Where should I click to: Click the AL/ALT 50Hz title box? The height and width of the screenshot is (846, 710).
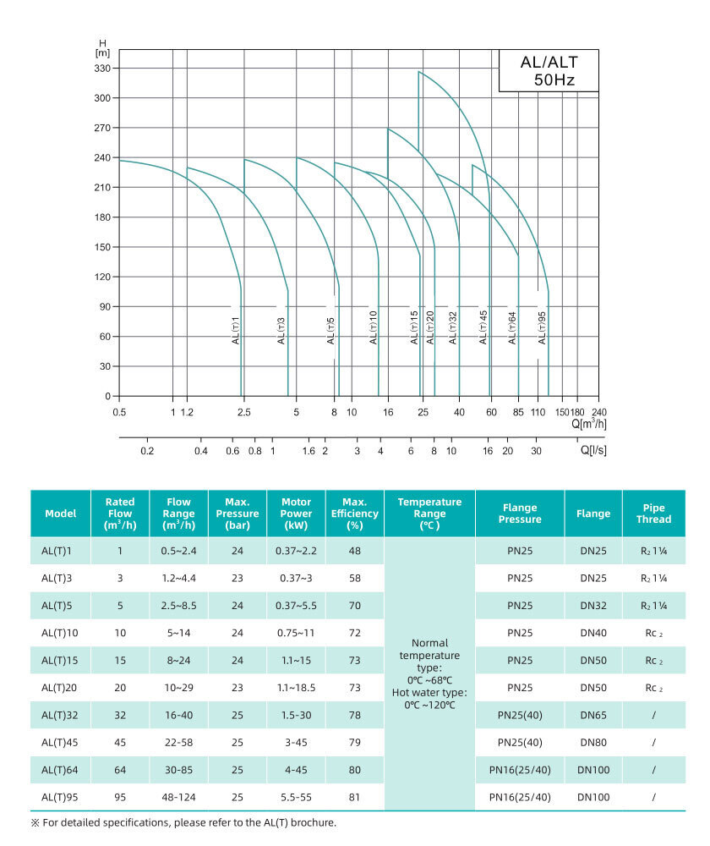click(548, 70)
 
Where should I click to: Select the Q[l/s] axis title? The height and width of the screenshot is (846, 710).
click(593, 450)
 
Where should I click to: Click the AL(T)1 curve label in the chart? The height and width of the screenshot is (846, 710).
click(236, 329)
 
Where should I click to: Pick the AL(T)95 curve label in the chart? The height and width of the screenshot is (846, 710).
click(542, 329)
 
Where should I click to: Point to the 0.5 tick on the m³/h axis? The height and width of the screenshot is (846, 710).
click(119, 412)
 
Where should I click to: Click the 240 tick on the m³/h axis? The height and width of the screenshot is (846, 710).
click(598, 412)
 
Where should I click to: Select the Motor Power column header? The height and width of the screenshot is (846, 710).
click(296, 513)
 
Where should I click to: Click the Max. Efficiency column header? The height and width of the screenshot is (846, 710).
click(354, 513)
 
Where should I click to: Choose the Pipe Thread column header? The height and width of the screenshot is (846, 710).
click(653, 513)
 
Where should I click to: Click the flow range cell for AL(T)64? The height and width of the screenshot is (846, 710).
click(178, 770)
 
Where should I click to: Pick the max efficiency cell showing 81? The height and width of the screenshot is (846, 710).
click(354, 797)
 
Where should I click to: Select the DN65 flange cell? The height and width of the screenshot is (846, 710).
click(593, 715)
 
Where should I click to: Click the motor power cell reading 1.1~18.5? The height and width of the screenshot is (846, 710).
click(296, 688)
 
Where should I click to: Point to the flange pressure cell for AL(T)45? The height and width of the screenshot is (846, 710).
click(519, 743)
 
